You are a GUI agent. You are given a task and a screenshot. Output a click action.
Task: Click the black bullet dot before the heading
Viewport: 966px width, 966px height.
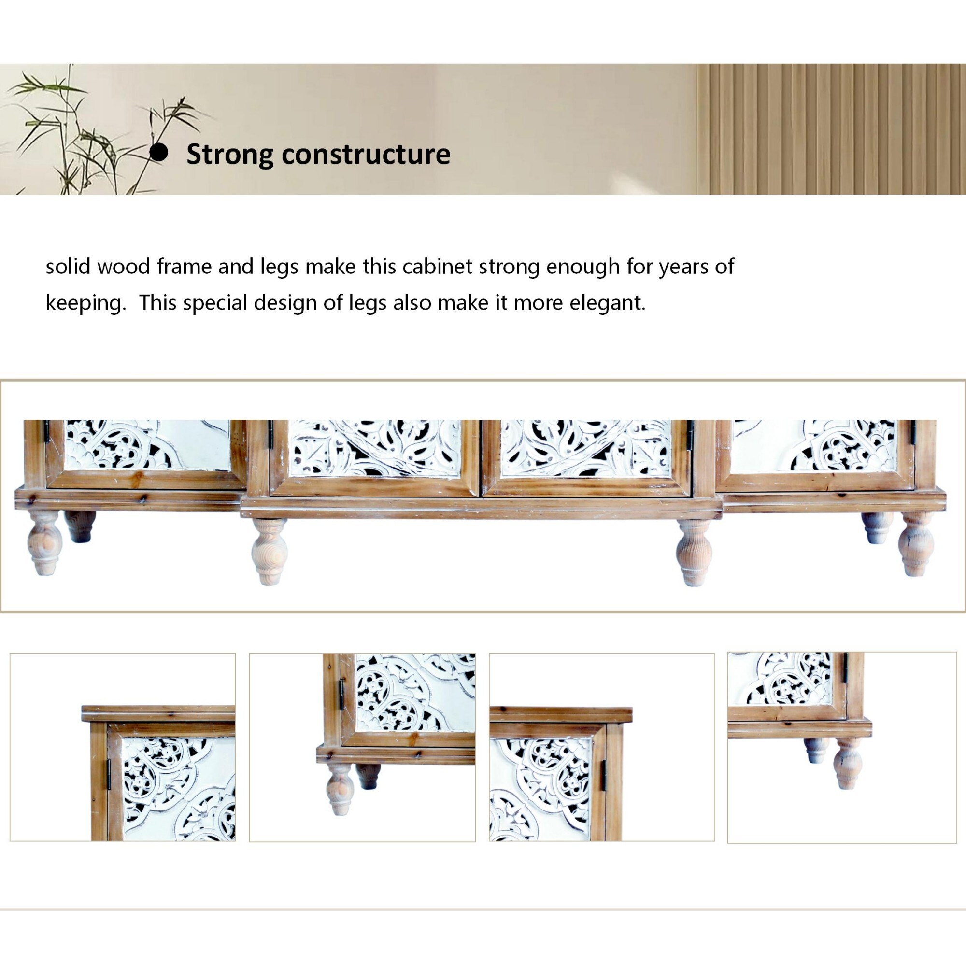(x=159, y=153)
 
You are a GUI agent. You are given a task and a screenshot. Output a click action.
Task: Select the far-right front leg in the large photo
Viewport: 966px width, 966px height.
(x=916, y=543)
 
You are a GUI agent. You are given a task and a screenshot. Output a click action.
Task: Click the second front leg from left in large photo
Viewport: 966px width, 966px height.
(x=269, y=552)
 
